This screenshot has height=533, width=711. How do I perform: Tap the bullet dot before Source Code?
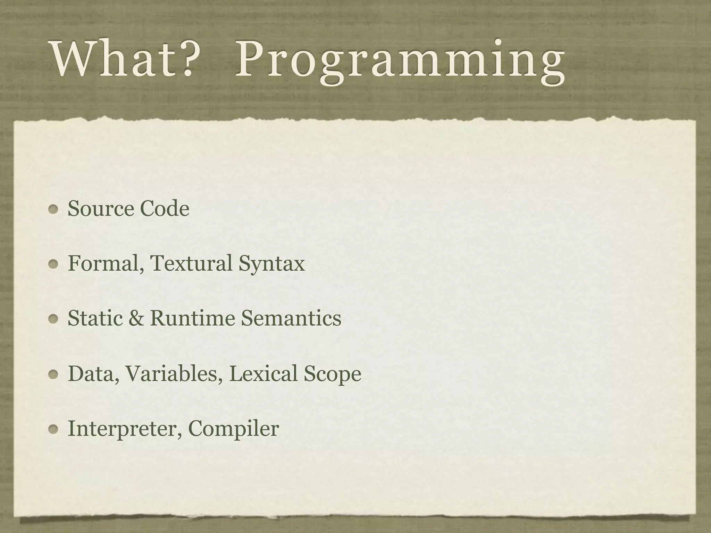click(53, 209)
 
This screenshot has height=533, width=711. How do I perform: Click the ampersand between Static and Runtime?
click(136, 318)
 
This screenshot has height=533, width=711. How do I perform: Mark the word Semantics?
click(291, 318)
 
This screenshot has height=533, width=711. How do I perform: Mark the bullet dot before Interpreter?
click(53, 430)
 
